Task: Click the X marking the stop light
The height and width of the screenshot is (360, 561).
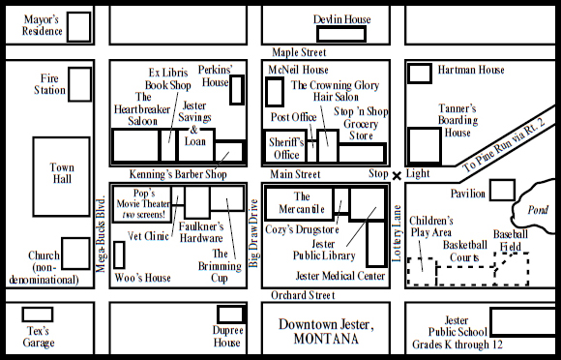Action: point(397,176)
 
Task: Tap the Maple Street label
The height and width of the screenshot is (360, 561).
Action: point(299,52)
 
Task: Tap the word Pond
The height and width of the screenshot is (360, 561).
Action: point(538,210)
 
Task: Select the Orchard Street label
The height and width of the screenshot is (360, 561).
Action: point(303,295)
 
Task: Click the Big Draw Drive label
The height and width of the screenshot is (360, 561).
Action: point(253,233)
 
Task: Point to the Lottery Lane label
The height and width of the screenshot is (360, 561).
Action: point(397,233)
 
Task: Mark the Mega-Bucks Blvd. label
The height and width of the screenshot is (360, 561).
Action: point(101,233)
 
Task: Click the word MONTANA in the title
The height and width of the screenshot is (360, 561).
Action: point(326,339)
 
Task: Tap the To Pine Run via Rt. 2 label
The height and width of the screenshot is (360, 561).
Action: point(504,144)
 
